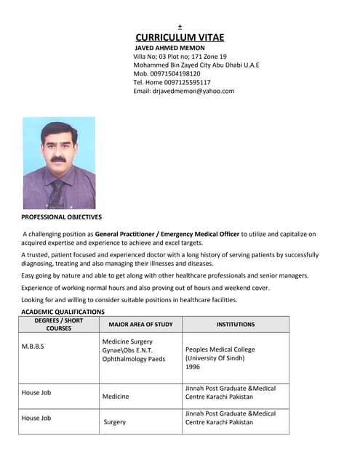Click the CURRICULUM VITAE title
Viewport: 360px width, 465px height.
(x=180, y=38)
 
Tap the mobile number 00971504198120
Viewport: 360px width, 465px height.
(x=175, y=74)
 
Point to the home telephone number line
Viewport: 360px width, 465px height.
(x=172, y=83)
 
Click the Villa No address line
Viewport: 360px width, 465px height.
(x=180, y=57)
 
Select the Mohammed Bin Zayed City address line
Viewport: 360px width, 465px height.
(x=196, y=65)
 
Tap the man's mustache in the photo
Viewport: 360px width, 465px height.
(x=58, y=158)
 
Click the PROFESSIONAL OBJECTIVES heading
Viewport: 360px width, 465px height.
(x=62, y=217)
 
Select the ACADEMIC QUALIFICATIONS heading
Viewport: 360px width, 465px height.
(x=63, y=312)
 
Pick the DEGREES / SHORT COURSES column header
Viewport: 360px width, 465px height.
(x=60, y=325)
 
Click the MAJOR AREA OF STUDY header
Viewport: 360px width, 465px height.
(x=140, y=325)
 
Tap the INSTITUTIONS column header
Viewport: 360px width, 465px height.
(x=235, y=325)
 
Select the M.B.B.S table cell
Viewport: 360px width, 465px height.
(x=33, y=347)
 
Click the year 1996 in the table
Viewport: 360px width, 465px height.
(x=193, y=367)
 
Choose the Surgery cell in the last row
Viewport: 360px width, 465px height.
(x=115, y=422)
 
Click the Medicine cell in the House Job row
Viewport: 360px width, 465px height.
(x=116, y=397)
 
